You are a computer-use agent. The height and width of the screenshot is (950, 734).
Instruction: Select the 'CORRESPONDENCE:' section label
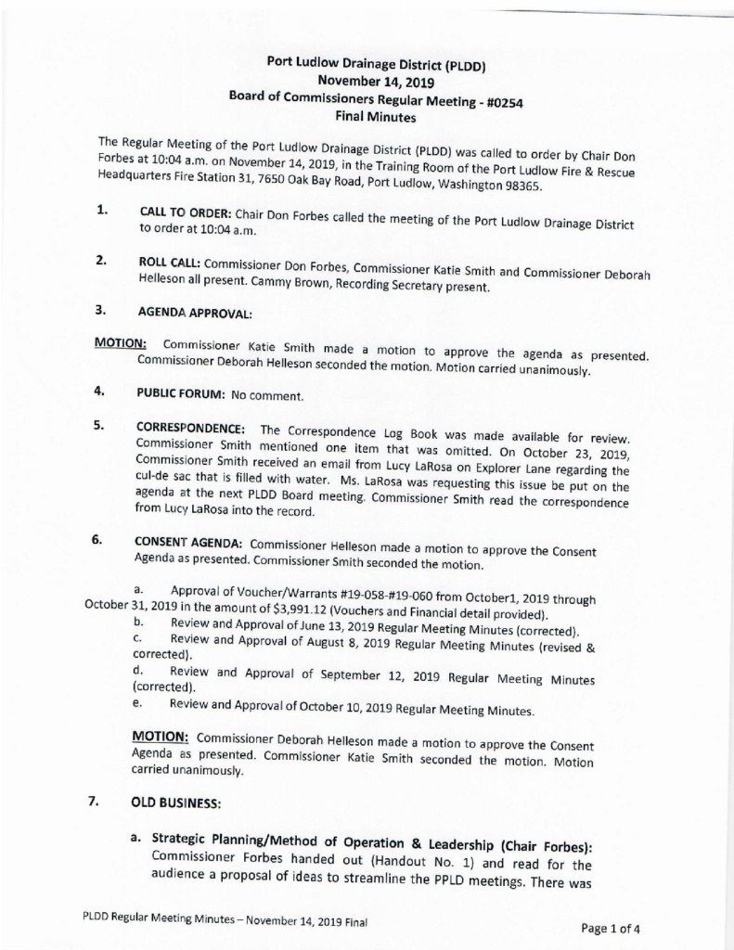[191, 429]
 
